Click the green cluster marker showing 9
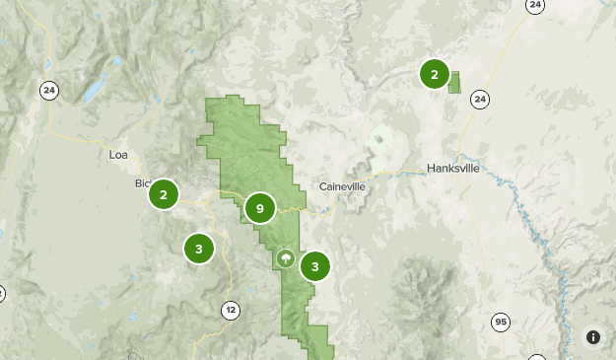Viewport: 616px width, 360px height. (259, 208)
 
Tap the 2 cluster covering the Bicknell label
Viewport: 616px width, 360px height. (164, 195)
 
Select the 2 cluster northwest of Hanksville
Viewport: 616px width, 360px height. (435, 74)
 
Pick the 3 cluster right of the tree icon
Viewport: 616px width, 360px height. (314, 265)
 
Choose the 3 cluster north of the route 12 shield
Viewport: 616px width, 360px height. (199, 249)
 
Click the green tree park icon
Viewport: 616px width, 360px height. (285, 259)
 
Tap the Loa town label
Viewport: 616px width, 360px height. (118, 155)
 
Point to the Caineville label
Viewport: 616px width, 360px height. (343, 186)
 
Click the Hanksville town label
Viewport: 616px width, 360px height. (453, 169)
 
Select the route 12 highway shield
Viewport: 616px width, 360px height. (231, 310)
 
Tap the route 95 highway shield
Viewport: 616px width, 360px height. (502, 323)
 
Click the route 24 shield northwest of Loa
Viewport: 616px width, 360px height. (49, 91)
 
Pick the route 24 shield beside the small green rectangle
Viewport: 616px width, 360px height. (480, 99)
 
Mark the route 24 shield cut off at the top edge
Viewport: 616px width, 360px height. (535, 5)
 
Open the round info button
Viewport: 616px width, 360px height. (593, 337)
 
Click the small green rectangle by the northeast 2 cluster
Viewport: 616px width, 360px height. (454, 82)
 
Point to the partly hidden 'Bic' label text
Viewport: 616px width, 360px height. (141, 183)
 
